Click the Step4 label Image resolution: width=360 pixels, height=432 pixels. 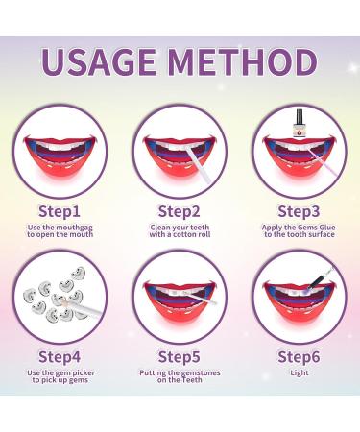click(60, 355)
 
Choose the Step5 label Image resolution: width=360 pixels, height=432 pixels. click(179, 355)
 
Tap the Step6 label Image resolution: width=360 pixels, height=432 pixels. click(299, 355)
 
